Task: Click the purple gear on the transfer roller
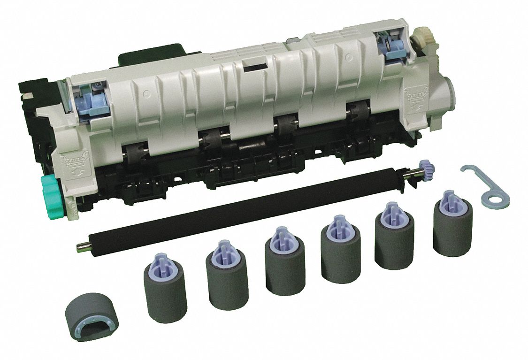428,168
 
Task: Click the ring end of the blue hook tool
496,198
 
